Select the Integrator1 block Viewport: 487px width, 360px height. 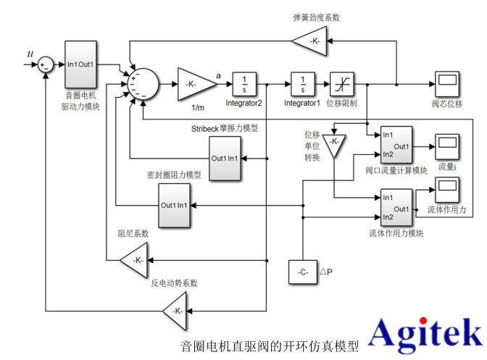pyautogui.click(x=301, y=84)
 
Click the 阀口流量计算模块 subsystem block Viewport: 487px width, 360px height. pyautogui.click(x=396, y=146)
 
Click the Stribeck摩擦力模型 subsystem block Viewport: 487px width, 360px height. pyautogui.click(x=225, y=159)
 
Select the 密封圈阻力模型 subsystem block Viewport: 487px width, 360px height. pyautogui.click(x=175, y=205)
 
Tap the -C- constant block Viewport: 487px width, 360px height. pyautogui.click(x=303, y=272)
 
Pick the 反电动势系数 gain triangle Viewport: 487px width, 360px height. pyautogui.click(x=175, y=311)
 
